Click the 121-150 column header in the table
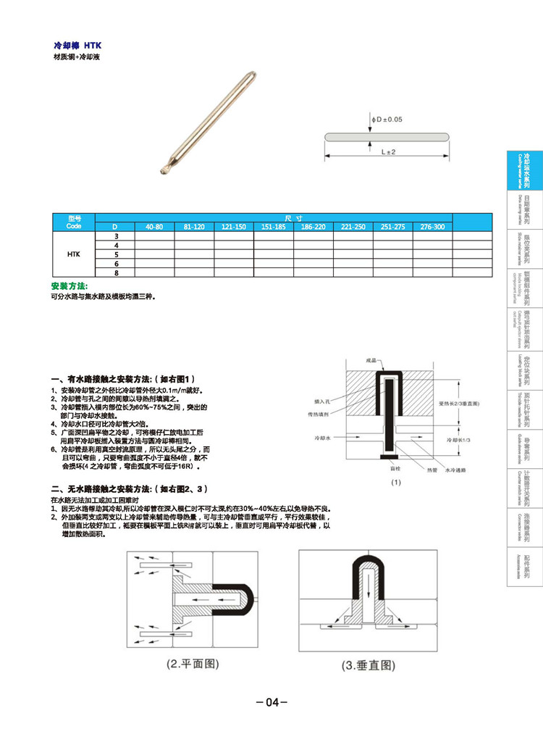(x=233, y=228)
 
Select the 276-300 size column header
(x=432, y=228)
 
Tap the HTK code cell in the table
(x=74, y=254)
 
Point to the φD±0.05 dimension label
(x=387, y=119)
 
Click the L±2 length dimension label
(x=387, y=151)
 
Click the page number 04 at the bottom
(x=272, y=702)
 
